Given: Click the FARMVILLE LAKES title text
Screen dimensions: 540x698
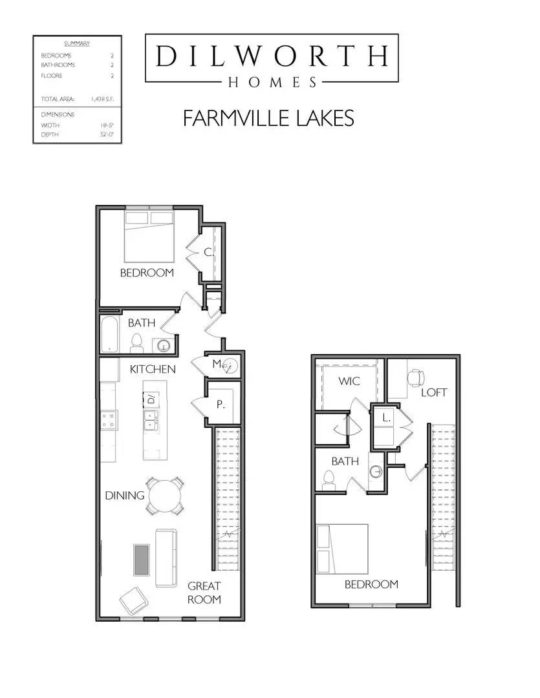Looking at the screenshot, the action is tap(268, 118).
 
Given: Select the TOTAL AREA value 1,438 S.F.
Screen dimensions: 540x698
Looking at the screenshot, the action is tap(102, 99).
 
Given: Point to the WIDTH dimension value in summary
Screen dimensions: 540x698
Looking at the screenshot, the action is tap(107, 125).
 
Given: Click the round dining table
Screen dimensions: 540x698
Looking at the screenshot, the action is tap(166, 496).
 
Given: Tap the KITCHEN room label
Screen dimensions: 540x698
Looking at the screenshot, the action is tap(153, 369).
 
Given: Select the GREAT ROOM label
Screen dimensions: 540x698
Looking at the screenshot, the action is tap(204, 593).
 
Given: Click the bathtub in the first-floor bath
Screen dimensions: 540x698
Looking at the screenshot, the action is tap(109, 334).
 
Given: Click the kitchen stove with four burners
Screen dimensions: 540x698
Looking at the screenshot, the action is tap(108, 420).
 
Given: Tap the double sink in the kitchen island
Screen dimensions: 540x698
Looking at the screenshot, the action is tap(151, 420).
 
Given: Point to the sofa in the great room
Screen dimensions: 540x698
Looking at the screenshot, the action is tap(166, 558).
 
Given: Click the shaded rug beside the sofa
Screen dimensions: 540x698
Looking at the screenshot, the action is tap(141, 560).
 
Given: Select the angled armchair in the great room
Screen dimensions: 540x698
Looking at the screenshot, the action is tap(134, 600).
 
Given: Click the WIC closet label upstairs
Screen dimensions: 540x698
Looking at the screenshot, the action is tap(349, 381).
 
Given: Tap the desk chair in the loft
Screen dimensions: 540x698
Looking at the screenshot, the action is tap(416, 377).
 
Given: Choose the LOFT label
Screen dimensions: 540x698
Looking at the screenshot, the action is tap(434, 392).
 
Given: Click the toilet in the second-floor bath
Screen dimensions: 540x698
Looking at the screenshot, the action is tap(329, 481).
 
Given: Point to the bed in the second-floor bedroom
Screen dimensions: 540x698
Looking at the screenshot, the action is tap(341, 549).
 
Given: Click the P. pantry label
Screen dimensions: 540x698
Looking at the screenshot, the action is tap(221, 405).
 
